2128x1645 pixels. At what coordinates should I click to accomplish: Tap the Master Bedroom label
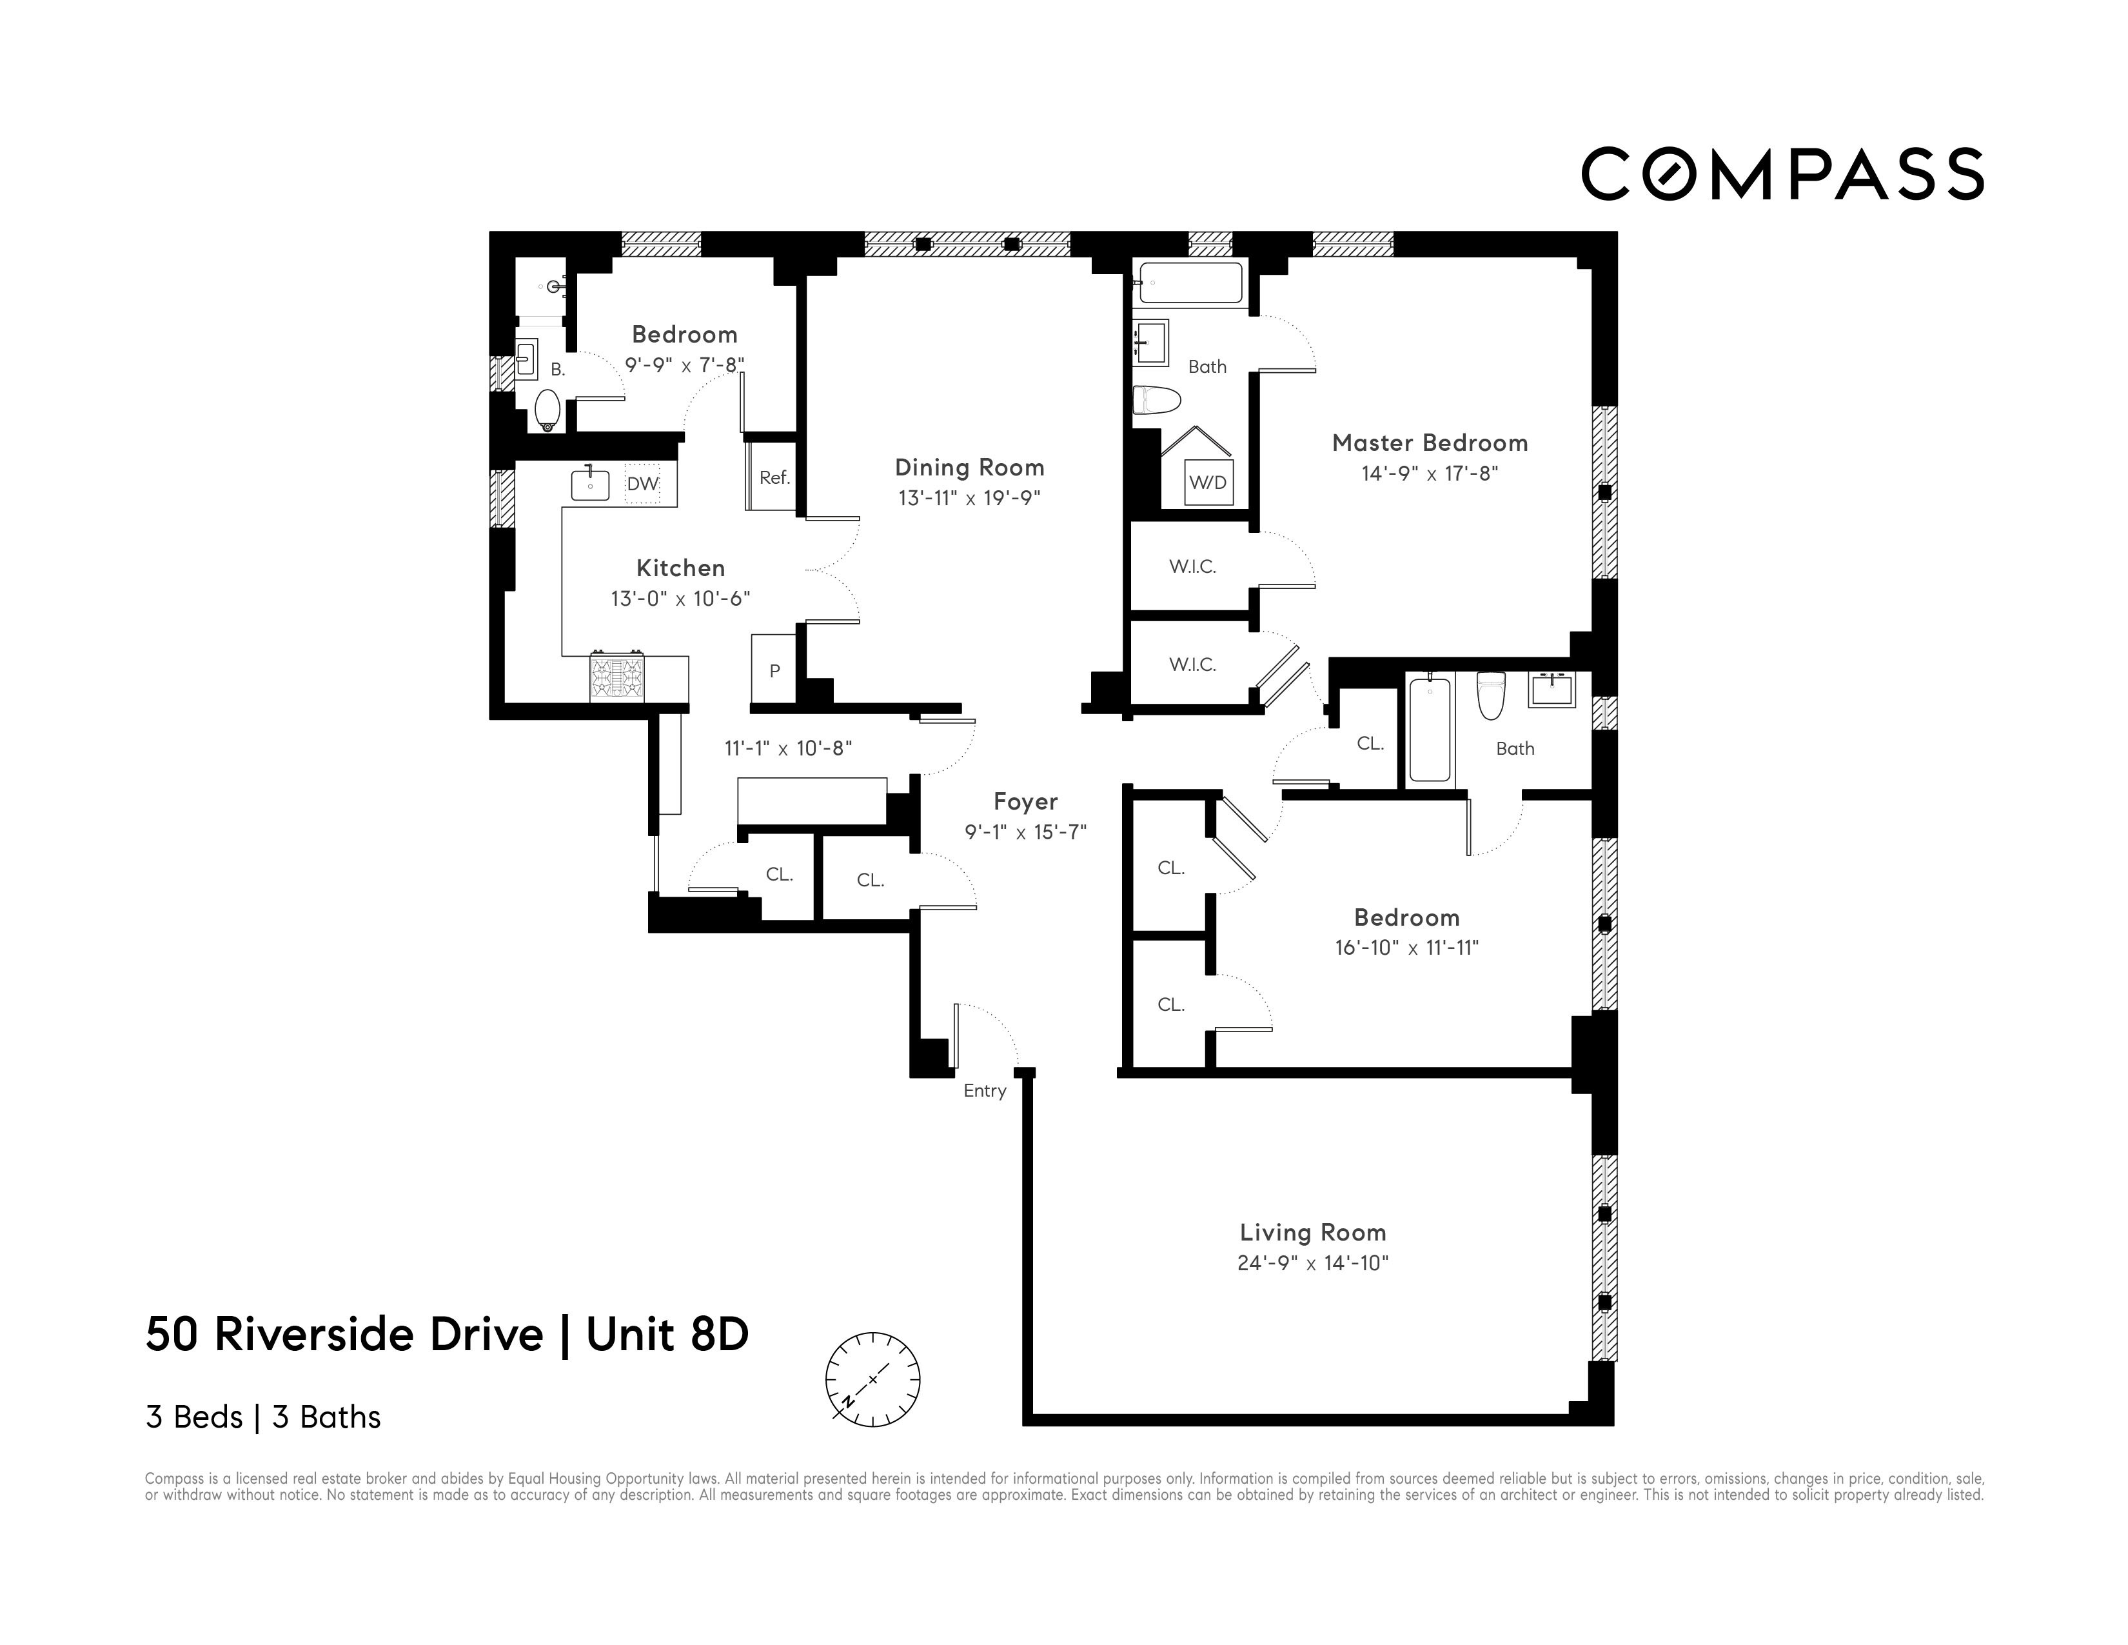(1430, 443)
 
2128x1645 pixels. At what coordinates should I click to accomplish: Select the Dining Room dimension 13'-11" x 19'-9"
(969, 499)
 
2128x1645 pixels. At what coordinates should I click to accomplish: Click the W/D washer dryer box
(1207, 483)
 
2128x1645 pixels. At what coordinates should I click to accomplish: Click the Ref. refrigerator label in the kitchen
(774, 477)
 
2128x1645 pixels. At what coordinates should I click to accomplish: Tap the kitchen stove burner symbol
(616, 676)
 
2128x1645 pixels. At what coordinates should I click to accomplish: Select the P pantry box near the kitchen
(774, 670)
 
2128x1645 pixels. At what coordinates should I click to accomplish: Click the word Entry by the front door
(984, 1090)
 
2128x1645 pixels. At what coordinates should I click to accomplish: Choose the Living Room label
(1312, 1233)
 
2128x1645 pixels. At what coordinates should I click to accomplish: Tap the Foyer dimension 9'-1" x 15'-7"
(1025, 832)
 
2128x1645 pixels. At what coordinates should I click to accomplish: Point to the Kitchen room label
(680, 568)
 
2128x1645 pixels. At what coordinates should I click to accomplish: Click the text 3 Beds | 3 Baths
(263, 1417)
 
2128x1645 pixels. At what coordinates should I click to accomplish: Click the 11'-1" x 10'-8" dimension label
(787, 748)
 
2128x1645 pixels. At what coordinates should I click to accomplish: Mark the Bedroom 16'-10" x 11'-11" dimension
(1406, 947)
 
